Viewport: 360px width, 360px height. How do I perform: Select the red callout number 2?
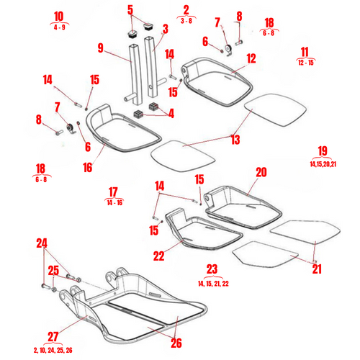click(186, 10)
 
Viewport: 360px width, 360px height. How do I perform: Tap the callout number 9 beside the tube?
click(102, 49)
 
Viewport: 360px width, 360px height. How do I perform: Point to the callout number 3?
click(165, 29)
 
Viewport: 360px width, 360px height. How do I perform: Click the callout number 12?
click(251, 58)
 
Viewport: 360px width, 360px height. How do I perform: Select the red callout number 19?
click(322, 150)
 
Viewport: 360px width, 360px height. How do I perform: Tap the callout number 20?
click(261, 173)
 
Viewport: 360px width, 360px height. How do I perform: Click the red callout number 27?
click(53, 336)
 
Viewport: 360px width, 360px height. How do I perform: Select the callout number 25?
click(53, 271)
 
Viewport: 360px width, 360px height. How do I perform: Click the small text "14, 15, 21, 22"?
click(211, 284)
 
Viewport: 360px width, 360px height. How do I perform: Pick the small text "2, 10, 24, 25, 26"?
click(53, 349)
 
